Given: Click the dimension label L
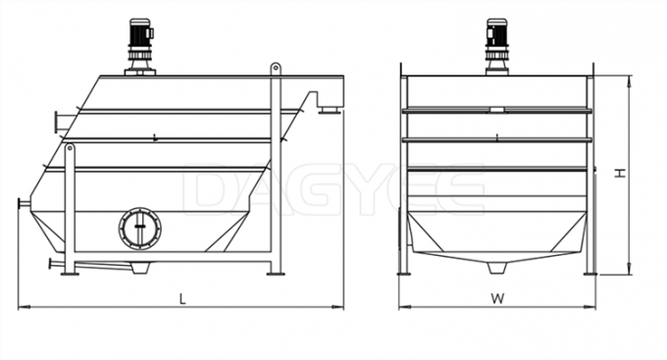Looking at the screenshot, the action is tap(182, 298).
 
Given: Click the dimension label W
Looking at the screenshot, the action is tap(497, 298).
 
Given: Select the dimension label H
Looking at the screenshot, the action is tap(621, 173).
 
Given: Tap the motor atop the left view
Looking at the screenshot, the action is tap(140, 47).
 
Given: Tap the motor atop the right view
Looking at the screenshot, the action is tap(496, 47).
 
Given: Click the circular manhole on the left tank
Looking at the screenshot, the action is tap(140, 229).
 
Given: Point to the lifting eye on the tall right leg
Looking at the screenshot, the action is tap(276, 68).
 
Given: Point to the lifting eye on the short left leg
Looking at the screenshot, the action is tap(70, 148).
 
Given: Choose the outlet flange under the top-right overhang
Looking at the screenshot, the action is tap(330, 111).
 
